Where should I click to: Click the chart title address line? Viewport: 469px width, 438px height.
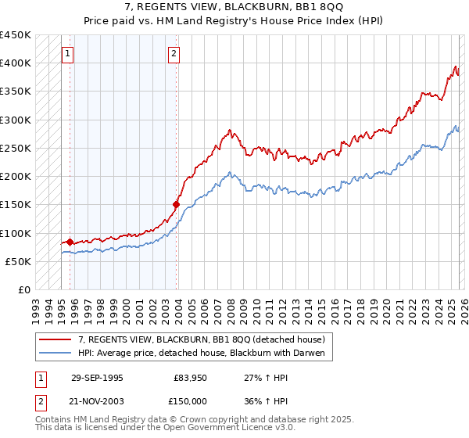coord(234,8)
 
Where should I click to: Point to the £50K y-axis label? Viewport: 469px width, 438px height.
coord(17,261)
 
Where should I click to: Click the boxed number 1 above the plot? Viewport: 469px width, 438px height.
coord(68,54)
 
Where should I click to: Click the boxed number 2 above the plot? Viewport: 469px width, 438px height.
coord(174,54)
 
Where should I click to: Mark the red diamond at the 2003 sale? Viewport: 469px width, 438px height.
coord(177,205)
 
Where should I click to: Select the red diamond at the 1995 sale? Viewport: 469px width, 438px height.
coord(70,242)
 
